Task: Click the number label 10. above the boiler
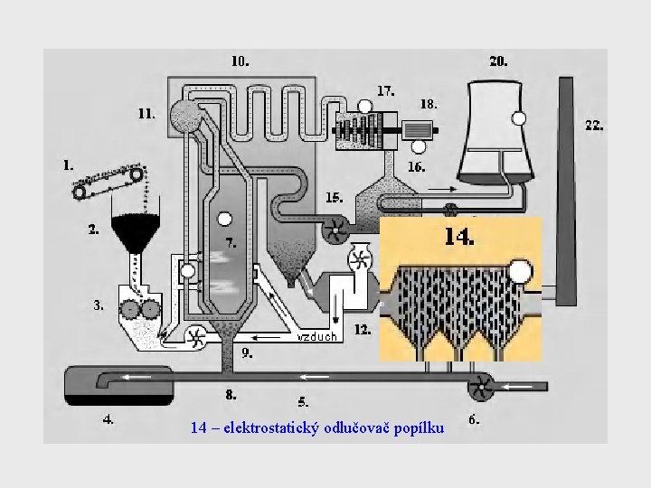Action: pyautogui.click(x=240, y=61)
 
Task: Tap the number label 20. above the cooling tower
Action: pyautogui.click(x=498, y=61)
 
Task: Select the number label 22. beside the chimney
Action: pyautogui.click(x=594, y=126)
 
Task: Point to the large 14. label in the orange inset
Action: pyautogui.click(x=458, y=238)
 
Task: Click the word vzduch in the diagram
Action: pyautogui.click(x=316, y=337)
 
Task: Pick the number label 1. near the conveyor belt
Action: pyautogui.click(x=68, y=165)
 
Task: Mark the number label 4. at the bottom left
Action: pyautogui.click(x=108, y=419)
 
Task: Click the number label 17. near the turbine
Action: pyautogui.click(x=386, y=90)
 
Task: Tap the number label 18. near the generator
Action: pyautogui.click(x=429, y=104)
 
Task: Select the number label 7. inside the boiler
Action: pyautogui.click(x=231, y=242)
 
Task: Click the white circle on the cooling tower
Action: pyautogui.click(x=519, y=117)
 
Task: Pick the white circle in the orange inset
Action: pyautogui.click(x=520, y=271)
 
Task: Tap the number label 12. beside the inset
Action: pyautogui.click(x=363, y=330)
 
